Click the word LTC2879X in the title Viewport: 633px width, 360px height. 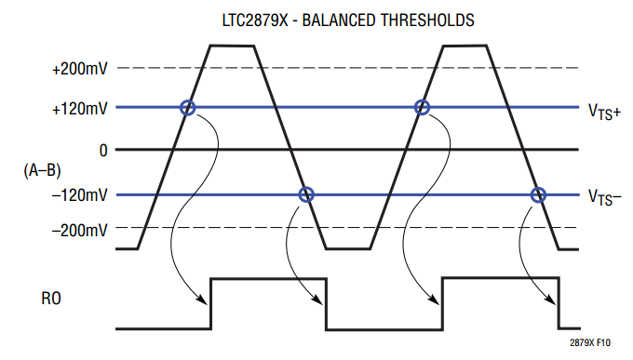pos(256,20)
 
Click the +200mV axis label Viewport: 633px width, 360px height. pos(80,69)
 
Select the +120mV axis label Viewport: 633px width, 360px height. pos(80,109)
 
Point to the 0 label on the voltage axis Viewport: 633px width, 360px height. pos(103,151)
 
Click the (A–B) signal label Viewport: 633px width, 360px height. pos(43,170)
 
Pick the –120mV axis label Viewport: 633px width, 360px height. pos(80,195)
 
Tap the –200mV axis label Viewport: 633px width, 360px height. pos(80,231)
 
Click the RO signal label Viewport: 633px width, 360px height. pos(51,299)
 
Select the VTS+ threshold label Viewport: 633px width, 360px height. pos(604,112)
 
